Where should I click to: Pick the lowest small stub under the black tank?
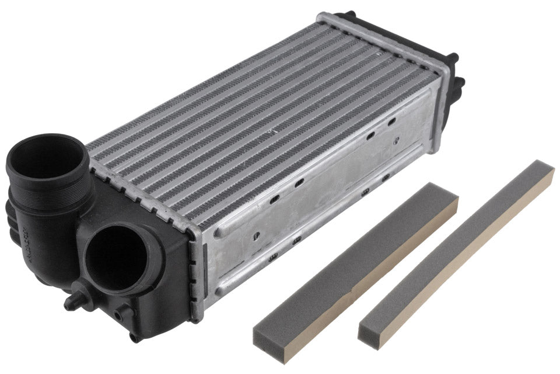(x=135, y=336)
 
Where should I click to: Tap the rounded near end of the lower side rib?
(x=220, y=290)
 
